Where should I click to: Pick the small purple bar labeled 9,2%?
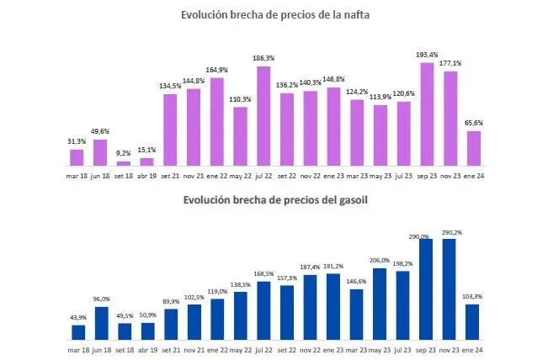click(x=124, y=163)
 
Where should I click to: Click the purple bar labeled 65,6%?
click(x=473, y=147)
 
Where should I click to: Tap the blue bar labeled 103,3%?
click(x=473, y=321)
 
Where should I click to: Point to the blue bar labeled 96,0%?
click(x=100, y=322)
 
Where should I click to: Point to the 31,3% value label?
click(x=76, y=140)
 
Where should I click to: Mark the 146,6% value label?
click(x=357, y=280)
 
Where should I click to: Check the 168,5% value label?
click(x=263, y=273)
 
